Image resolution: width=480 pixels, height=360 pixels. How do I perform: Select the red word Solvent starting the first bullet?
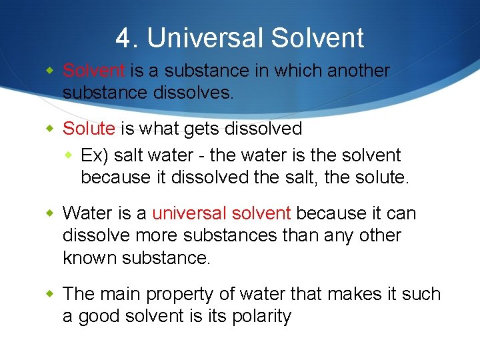tap(93, 71)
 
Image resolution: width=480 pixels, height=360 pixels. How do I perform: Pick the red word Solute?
tap(89, 128)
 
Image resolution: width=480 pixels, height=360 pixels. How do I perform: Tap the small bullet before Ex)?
tap(71, 155)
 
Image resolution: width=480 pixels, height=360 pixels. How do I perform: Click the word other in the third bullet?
tap(381, 235)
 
